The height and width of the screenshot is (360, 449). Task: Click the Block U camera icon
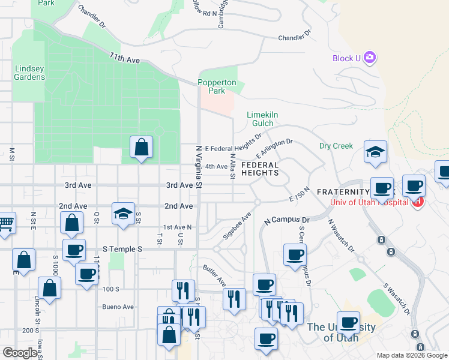(x=370, y=58)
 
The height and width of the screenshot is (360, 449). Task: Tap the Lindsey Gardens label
(x=29, y=73)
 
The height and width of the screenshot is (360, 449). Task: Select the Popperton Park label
(x=212, y=87)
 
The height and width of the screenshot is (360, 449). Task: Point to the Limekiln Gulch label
(x=264, y=119)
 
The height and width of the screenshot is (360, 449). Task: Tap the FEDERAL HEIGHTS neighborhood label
(x=260, y=169)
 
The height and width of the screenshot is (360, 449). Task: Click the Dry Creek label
(x=336, y=146)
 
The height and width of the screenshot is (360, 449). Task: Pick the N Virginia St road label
(x=199, y=166)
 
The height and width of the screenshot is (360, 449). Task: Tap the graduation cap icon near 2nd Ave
(x=122, y=214)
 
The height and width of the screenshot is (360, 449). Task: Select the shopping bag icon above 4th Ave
(x=141, y=146)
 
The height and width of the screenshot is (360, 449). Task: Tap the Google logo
(x=20, y=353)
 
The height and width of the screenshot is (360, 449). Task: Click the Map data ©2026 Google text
(x=412, y=355)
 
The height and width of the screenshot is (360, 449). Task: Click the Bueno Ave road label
(x=120, y=307)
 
